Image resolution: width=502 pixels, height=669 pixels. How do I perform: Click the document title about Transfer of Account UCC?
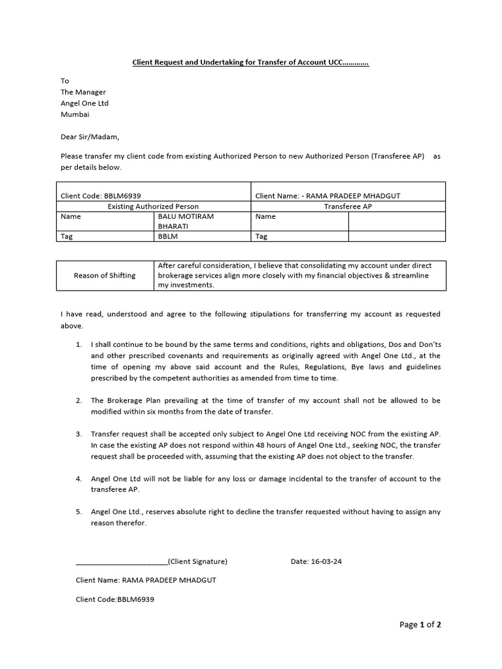[250, 63]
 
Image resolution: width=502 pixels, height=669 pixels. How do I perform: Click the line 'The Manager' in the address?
[83, 92]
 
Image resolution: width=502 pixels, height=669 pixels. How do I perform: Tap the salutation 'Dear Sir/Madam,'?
[90, 137]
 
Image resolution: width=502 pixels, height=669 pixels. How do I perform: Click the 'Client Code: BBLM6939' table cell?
[101, 195]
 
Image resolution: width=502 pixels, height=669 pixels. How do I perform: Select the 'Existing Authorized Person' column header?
[153, 206]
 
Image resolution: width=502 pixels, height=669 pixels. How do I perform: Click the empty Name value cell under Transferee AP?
[396, 221]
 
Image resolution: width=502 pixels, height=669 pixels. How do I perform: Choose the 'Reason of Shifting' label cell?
[105, 275]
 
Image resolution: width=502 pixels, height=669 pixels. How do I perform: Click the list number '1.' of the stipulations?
[78, 344]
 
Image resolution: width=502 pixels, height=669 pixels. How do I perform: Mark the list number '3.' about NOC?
[78, 434]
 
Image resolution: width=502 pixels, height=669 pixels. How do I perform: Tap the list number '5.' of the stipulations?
[78, 512]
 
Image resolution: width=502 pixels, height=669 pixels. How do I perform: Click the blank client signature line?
[122, 561]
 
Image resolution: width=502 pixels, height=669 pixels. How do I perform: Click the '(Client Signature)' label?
[197, 561]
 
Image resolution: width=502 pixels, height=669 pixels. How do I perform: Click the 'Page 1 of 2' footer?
[420, 625]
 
